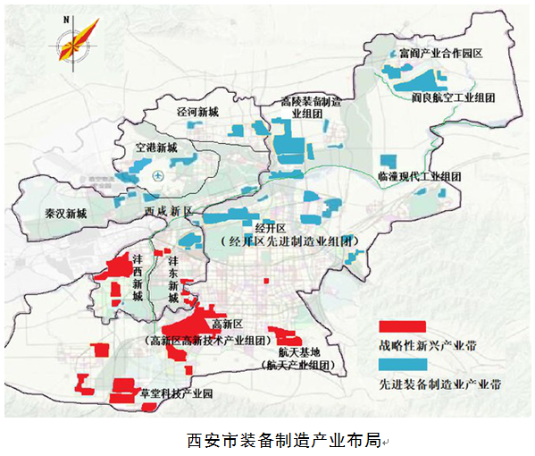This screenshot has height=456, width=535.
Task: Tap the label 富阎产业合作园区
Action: pos(441,54)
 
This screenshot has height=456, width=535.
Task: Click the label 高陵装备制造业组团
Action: pos(311,108)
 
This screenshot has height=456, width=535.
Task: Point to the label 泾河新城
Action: pos(197,113)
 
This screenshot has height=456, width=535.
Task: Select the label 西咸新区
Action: pos(169,211)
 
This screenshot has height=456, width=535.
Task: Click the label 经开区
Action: pos(269,229)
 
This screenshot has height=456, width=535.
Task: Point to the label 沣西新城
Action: pos(137,276)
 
